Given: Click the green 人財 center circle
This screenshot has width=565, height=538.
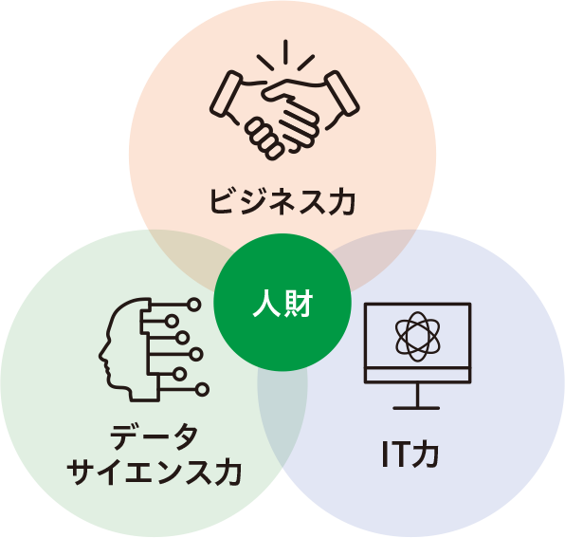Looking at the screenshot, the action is coord(282,303).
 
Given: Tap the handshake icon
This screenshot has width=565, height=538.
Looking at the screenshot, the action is coord(284,101).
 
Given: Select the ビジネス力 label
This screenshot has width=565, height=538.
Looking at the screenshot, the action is coord(282,201).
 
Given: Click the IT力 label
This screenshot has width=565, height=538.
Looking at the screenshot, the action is coord(410,454).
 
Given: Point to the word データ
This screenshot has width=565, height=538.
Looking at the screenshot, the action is coord(155,436).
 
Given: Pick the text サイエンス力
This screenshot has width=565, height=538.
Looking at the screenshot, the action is coord(155,472).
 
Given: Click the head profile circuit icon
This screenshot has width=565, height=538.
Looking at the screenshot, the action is coord(154,350).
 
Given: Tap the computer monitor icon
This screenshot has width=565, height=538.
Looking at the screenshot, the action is coord(417,356).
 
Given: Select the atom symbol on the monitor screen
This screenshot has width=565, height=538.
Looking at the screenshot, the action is coord(418,337).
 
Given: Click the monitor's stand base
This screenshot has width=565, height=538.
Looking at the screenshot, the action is coord(416,408).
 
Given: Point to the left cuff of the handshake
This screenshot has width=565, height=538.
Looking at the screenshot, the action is coord(226,93).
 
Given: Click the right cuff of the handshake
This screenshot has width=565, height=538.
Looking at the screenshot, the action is coord(342,93).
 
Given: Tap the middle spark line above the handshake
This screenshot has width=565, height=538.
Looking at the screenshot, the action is coord(285,52).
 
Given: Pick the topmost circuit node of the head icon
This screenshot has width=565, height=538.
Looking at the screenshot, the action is coord(193,305).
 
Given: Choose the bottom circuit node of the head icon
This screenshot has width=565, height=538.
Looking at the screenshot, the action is coord(203,390).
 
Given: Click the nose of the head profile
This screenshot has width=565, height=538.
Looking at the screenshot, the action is coord(101,355).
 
